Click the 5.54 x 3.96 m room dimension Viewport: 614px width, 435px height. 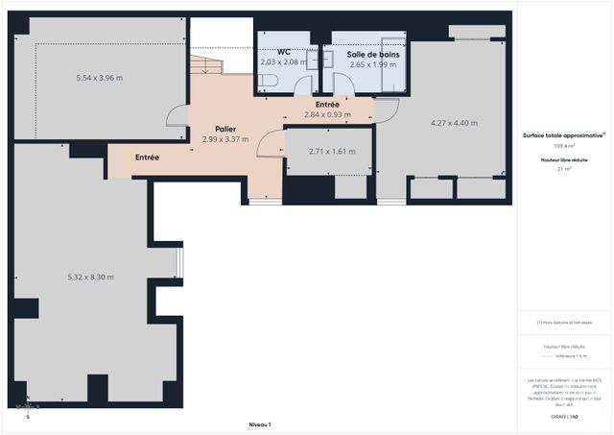pyautogui.click(x=100, y=78)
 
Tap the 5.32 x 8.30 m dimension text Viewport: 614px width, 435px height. pyautogui.click(x=91, y=278)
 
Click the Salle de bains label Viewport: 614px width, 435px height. pyautogui.click(x=373, y=55)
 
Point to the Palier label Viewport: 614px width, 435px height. pyautogui.click(x=225, y=129)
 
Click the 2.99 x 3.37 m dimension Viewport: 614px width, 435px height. pyautogui.click(x=225, y=139)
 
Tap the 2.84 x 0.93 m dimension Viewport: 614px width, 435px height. pyautogui.click(x=327, y=114)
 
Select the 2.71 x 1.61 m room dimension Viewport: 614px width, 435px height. pyautogui.click(x=332, y=152)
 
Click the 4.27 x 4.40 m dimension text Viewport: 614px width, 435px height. pyautogui.click(x=454, y=123)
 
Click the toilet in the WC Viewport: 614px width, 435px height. pyautogui.click(x=266, y=84)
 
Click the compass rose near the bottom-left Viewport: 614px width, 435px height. pyautogui.click(x=28, y=407)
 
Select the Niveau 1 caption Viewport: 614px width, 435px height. pyautogui.click(x=260, y=423)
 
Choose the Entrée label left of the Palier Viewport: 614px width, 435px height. pyautogui.click(x=147, y=157)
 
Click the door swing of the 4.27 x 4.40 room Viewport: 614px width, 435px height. pyautogui.click(x=382, y=112)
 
